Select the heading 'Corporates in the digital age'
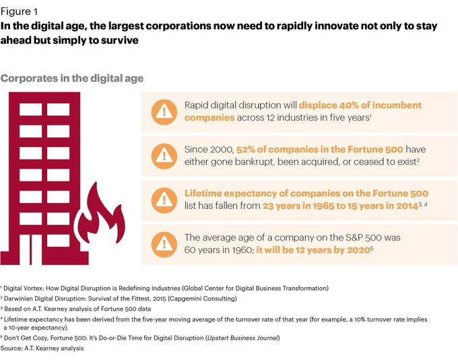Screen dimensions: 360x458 pos(72,78)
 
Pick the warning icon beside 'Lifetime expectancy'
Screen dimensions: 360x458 pos(162,200)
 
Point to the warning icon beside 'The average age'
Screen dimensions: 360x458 pos(162,243)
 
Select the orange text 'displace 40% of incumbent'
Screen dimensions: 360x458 pos(360,105)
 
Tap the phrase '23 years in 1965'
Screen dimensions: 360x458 pos(298,206)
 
